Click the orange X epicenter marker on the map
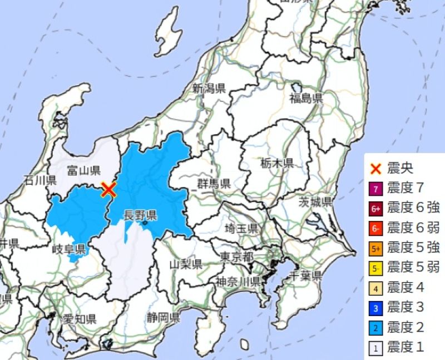[109, 190]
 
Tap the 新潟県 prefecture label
[209, 88]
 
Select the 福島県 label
[306, 99]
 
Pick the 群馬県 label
[214, 184]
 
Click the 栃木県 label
[276, 163]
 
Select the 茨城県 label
[315, 201]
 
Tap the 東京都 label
[236, 257]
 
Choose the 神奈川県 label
[238, 280]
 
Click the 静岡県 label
[164, 318]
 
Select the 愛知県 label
[79, 319]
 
